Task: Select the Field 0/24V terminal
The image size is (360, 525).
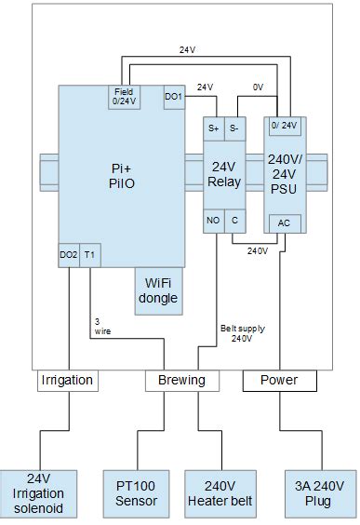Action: point(124,98)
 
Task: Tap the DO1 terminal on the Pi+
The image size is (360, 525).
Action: point(174,97)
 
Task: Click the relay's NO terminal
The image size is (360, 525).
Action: point(214,221)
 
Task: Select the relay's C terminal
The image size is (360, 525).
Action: point(235,221)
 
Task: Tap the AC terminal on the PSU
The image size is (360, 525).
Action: point(283,222)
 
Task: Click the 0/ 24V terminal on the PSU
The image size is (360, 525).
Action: point(283,125)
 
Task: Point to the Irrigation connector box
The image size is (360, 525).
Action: point(66,381)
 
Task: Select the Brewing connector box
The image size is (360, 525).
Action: point(181,381)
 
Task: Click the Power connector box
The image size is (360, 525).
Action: point(279,381)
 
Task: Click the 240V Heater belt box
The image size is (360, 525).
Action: point(220,492)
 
